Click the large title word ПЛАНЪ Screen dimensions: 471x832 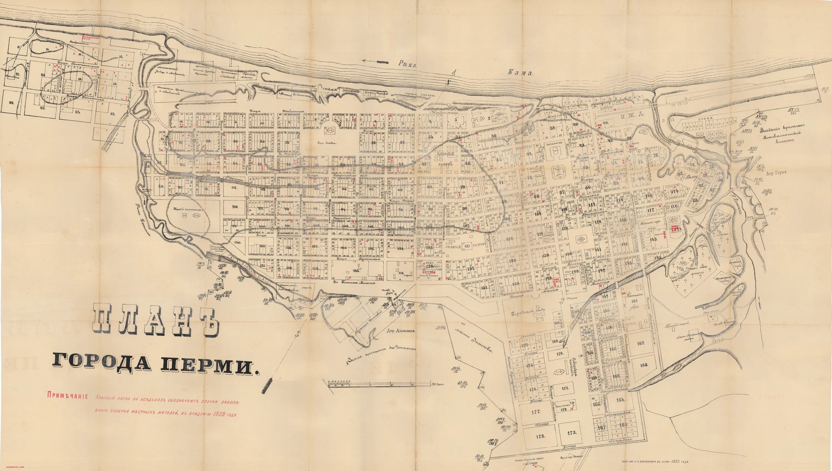pos(156,320)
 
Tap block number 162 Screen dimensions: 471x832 pos(641,343)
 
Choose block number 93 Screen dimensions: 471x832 pos(235,206)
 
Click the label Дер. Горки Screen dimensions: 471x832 pos(774,172)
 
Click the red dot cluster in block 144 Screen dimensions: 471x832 pos(675,228)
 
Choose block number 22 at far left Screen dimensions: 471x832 pos(12,103)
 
